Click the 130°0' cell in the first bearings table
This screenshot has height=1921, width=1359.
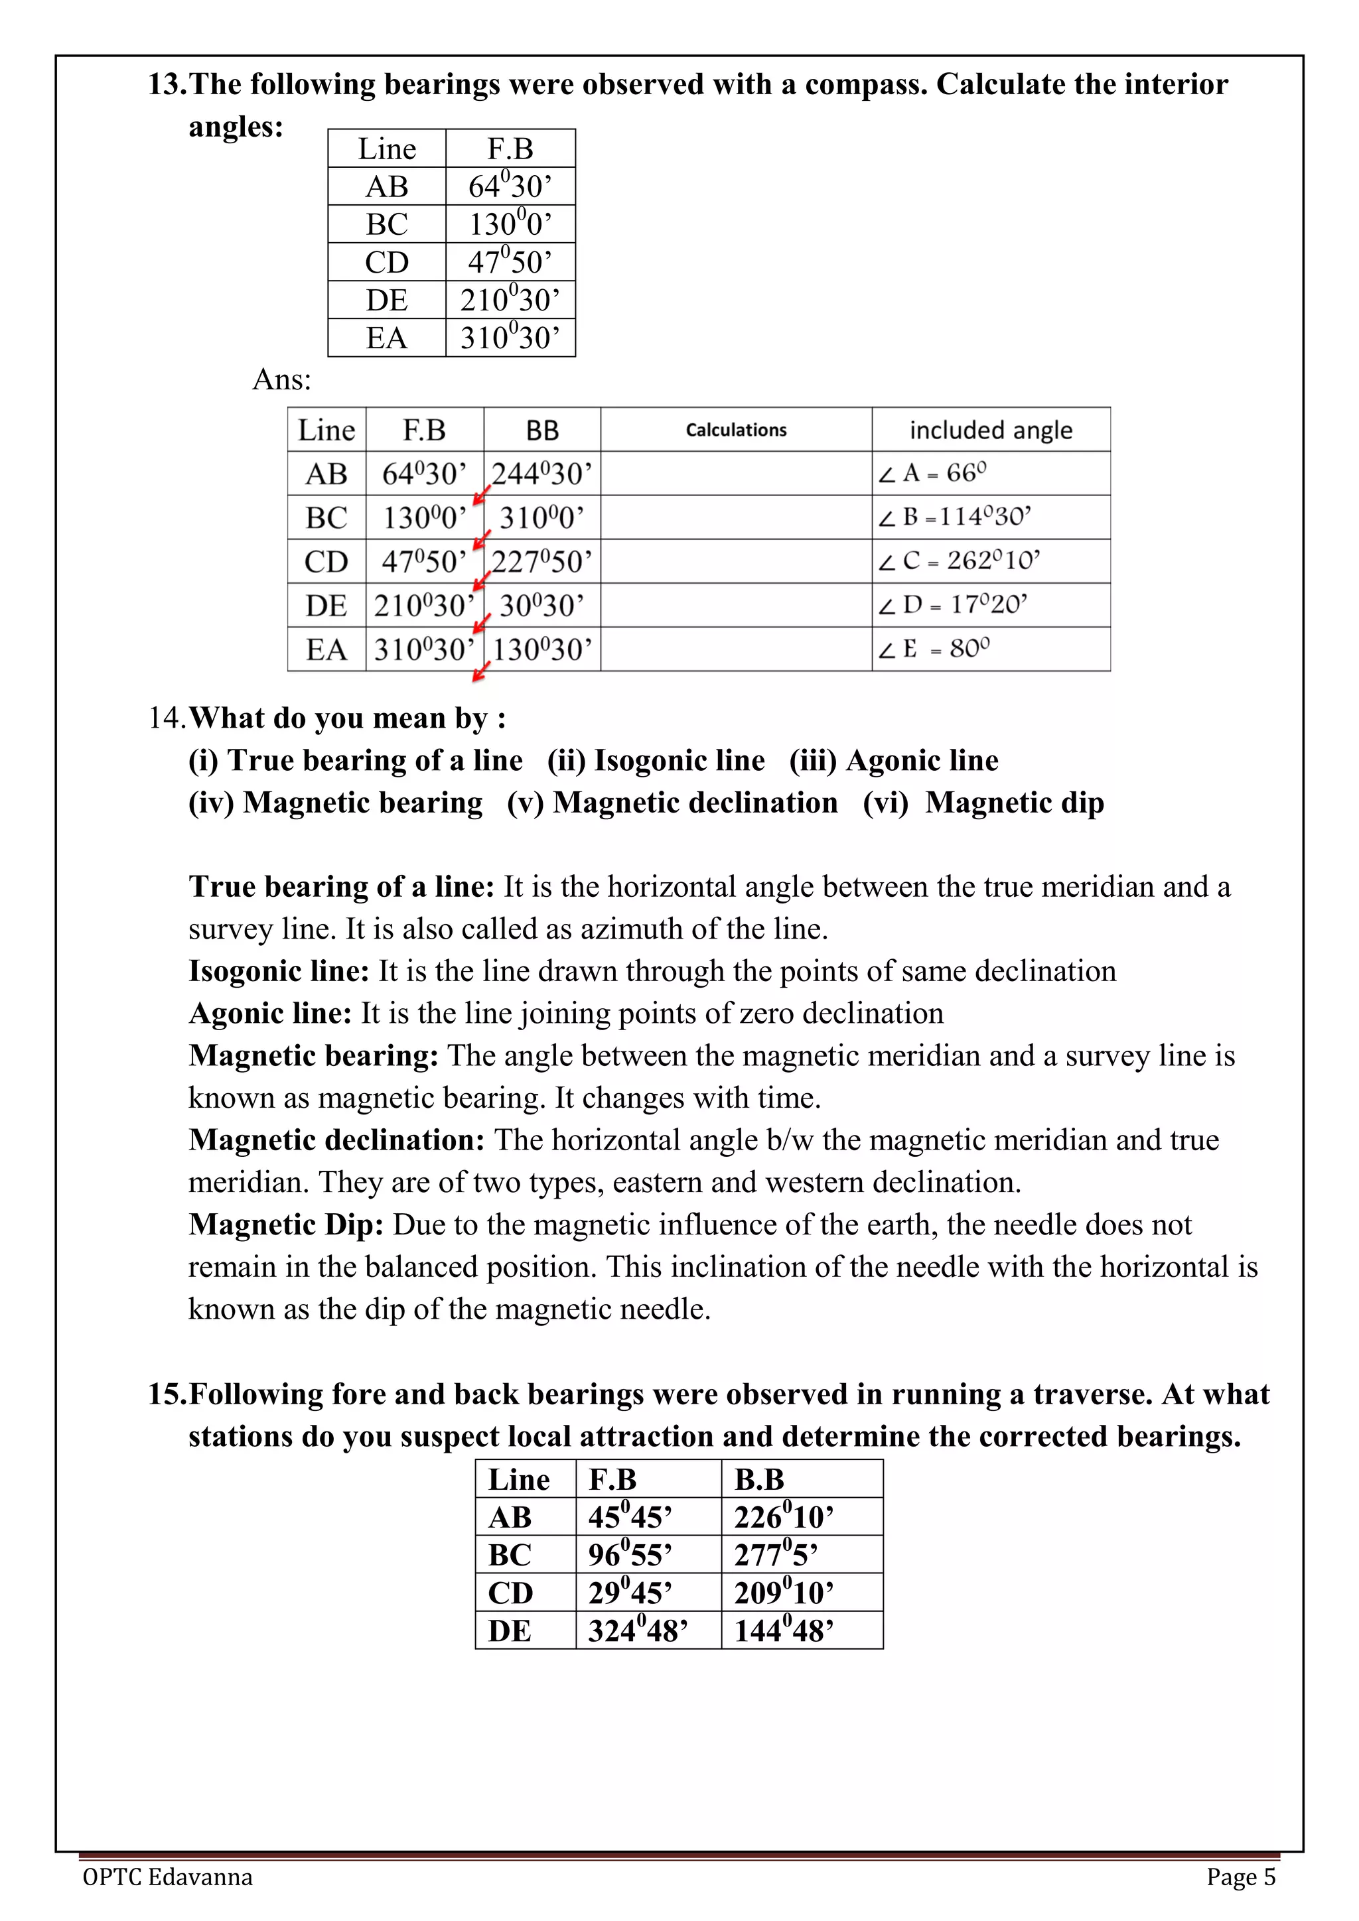coord(510,224)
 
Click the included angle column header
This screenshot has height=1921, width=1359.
coord(990,430)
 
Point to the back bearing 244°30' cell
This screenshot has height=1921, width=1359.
coord(541,474)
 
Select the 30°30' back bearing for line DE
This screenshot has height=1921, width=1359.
coord(541,605)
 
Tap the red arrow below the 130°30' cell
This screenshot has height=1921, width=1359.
coord(481,672)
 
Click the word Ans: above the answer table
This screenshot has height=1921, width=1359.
coord(281,380)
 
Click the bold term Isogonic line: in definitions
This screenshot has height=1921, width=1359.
coord(279,970)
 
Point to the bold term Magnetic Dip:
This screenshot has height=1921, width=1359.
coord(285,1224)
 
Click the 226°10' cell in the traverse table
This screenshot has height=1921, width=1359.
coord(783,1517)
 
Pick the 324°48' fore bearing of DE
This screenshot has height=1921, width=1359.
coord(638,1630)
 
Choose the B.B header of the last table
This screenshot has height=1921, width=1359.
coord(759,1479)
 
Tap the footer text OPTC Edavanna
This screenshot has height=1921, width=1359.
coord(167,1877)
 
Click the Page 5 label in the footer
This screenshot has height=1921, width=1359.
coord(1240,1877)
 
